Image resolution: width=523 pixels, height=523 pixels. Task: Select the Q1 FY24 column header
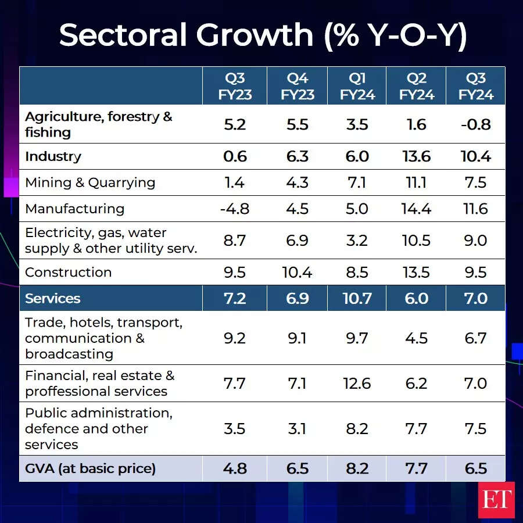tap(357, 87)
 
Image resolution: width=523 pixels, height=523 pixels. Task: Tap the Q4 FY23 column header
tap(297, 87)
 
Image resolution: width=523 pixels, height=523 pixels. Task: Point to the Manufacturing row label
tap(75, 209)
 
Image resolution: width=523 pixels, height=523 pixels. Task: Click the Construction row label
tap(69, 272)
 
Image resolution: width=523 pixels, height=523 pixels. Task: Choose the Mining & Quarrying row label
tap(90, 182)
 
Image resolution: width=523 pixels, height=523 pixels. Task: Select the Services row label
tap(53, 299)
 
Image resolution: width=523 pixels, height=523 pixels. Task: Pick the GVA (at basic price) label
tap(90, 468)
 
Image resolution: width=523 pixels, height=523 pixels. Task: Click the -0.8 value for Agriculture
tap(475, 124)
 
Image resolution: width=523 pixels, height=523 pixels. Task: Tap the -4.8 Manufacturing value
tap(234, 209)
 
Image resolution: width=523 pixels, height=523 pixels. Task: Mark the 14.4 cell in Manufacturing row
tap(416, 209)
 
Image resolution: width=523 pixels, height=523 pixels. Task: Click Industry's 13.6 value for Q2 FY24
tap(416, 156)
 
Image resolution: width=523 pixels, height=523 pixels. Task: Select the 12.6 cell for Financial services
tap(357, 384)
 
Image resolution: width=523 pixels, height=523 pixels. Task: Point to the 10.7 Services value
tap(357, 299)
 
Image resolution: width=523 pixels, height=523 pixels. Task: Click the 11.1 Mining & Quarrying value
tap(416, 182)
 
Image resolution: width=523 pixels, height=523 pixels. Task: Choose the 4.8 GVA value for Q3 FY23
tap(234, 468)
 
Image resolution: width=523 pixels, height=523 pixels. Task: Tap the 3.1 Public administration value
tap(297, 429)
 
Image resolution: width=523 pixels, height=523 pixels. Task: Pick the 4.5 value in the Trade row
tap(416, 338)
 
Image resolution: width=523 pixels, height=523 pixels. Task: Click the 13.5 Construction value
tap(416, 272)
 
